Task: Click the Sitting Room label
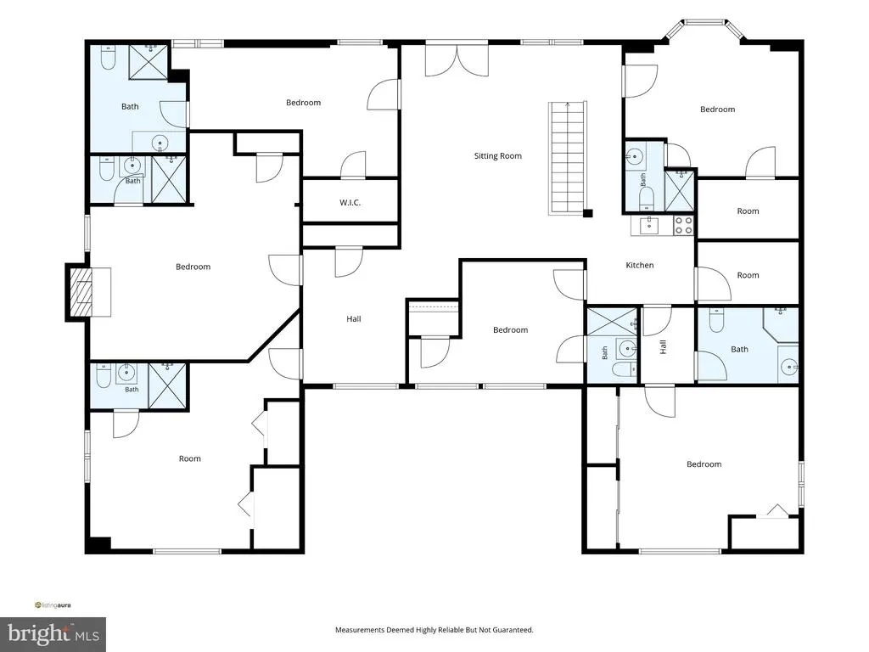497,156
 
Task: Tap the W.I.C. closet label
350,202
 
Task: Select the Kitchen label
640,265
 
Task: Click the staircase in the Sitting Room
568,158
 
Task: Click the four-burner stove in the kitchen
683,226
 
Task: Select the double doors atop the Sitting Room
457,59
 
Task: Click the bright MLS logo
53,633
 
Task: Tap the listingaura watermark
53,604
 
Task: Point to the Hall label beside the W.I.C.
354,319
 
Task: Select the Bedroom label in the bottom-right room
704,464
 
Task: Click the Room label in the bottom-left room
189,458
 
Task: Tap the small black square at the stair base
588,213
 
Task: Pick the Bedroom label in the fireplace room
193,267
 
